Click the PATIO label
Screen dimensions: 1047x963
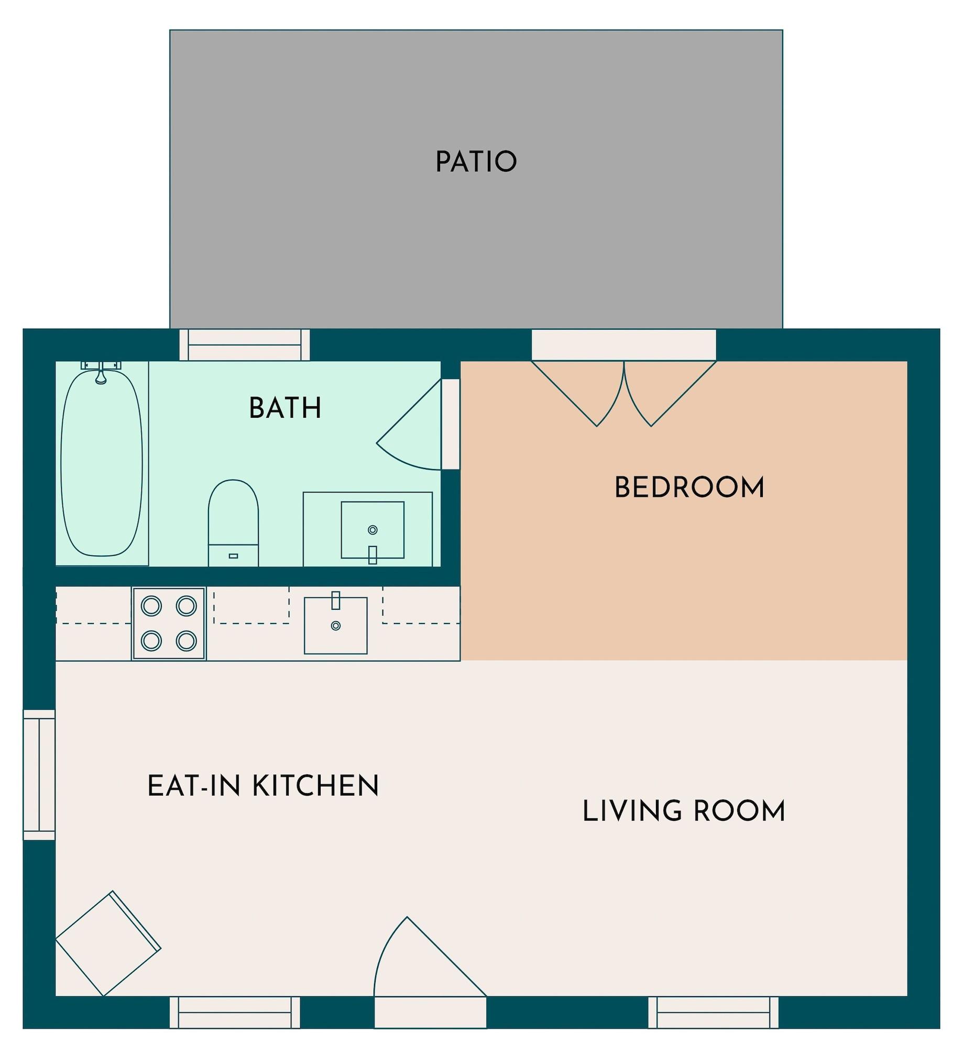[476, 162]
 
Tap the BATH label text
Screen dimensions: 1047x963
[284, 408]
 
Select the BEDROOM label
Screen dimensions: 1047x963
[689, 488]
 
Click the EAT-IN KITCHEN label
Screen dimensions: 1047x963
[263, 786]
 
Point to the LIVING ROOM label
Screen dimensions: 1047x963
[684, 811]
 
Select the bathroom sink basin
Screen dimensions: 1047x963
[373, 530]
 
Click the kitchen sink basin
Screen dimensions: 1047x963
[336, 626]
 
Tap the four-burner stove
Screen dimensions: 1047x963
[169, 623]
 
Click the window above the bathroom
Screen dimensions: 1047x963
[245, 344]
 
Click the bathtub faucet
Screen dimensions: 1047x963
[101, 375]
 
